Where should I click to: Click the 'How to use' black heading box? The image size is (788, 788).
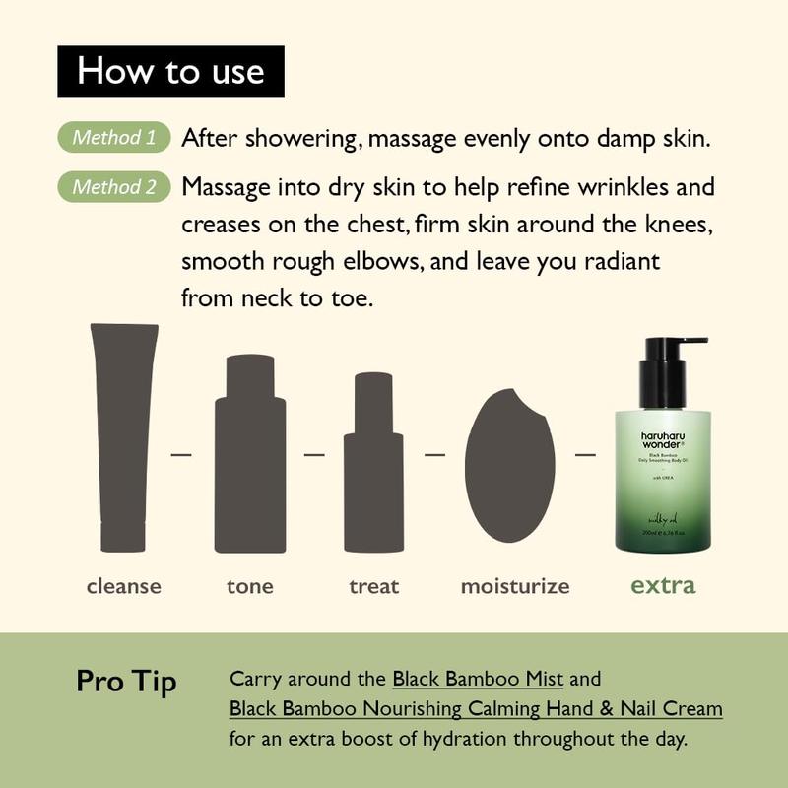(x=170, y=71)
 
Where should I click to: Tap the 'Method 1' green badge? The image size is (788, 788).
(x=114, y=138)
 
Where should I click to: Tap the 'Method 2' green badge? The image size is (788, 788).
(x=114, y=187)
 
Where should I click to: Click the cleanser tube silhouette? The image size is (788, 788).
(x=123, y=433)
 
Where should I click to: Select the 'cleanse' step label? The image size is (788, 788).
(x=123, y=587)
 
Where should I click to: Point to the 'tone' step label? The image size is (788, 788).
(x=249, y=587)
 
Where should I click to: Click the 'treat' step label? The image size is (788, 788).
(x=373, y=587)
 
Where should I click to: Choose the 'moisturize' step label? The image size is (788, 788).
(x=515, y=587)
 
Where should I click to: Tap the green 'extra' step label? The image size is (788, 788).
(x=663, y=585)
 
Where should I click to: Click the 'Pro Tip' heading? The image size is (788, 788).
(x=126, y=682)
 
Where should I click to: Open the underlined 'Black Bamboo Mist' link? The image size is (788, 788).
(x=478, y=679)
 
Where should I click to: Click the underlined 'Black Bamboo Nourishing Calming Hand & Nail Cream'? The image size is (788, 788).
(x=476, y=708)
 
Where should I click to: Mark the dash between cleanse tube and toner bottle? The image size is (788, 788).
(x=181, y=455)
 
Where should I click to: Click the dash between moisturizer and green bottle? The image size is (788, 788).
(x=585, y=455)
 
